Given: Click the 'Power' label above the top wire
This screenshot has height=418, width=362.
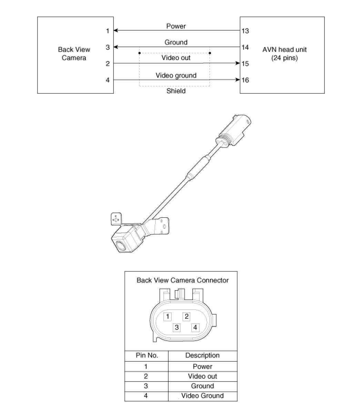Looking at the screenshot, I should tap(176, 26).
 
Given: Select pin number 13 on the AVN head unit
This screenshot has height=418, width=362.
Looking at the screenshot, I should tap(245, 31).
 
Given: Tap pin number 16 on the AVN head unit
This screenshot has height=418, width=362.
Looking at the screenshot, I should tap(245, 80).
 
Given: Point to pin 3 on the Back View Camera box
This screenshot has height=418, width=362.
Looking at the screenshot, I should tap(108, 47).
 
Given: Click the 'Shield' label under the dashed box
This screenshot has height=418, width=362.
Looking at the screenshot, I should tap(176, 91).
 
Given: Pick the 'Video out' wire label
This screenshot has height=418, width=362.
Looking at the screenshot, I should tap(176, 58).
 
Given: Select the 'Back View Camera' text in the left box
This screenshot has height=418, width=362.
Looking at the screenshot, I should tap(74, 54).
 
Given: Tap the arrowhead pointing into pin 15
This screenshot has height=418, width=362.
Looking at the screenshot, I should tap(238, 63).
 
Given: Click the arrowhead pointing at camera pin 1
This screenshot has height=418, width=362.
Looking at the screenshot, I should tap(116, 31).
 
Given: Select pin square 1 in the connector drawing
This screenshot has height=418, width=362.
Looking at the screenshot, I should tap(168, 317).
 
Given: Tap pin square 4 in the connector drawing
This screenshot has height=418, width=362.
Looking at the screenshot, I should tap(195, 327).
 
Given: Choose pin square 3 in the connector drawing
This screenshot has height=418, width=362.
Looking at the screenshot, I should tap(177, 327).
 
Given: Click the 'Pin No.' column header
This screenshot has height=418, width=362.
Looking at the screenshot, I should tap(146, 356).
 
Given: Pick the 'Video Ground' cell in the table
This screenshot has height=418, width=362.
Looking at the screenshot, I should tap(202, 396).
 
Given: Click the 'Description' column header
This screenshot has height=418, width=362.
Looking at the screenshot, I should tap(202, 356).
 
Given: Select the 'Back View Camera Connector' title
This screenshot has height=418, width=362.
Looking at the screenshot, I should tap(182, 280).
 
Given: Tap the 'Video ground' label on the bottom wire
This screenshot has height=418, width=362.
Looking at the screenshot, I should tap(176, 75).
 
